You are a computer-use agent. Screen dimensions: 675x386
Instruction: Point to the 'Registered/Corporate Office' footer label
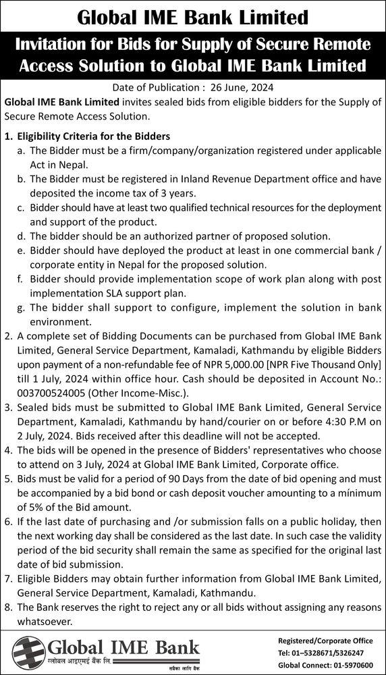point(325,641)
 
